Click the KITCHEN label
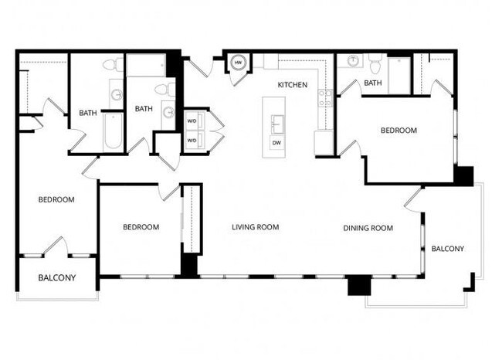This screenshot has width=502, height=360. pyautogui.click(x=293, y=85)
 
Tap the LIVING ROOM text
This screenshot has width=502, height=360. pyautogui.click(x=255, y=227)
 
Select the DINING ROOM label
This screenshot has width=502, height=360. pyautogui.click(x=368, y=228)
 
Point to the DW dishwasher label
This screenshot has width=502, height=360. pyautogui.click(x=276, y=143)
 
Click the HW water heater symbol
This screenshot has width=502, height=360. pyautogui.click(x=239, y=62)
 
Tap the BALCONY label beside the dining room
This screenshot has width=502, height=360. pyautogui.click(x=447, y=249)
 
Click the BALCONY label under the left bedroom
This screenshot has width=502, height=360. pyautogui.click(x=56, y=277)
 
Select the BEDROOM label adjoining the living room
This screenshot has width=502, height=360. pyautogui.click(x=141, y=227)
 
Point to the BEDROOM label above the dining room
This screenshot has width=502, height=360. pyautogui.click(x=399, y=131)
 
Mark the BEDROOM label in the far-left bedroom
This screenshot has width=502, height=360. pyautogui.click(x=56, y=199)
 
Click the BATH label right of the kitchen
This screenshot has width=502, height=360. pyautogui.click(x=373, y=83)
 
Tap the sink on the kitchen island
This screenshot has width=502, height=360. pyautogui.click(x=276, y=122)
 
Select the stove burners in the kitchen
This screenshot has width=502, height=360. pyautogui.click(x=326, y=98)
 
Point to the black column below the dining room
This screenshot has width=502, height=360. pyautogui.click(x=358, y=285)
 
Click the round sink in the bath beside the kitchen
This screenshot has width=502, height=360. pyautogui.click(x=353, y=62)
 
